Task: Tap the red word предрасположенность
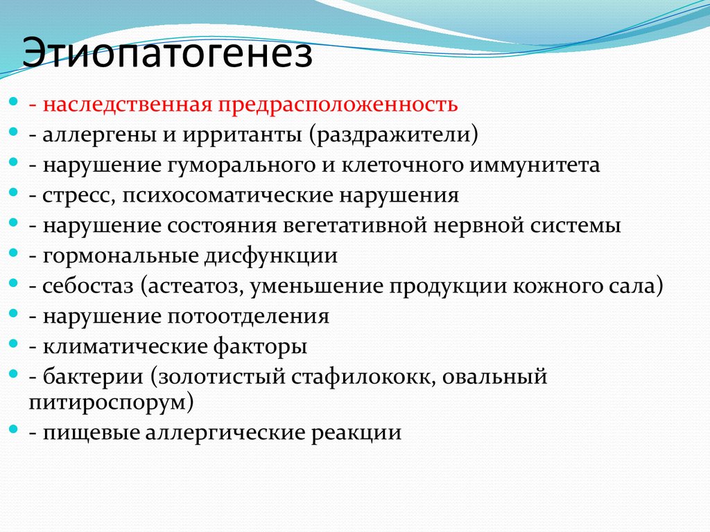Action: pyautogui.click(x=340, y=105)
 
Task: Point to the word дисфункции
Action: pyautogui.click(x=270, y=256)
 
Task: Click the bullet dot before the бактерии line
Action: pyautogui.click(x=15, y=374)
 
